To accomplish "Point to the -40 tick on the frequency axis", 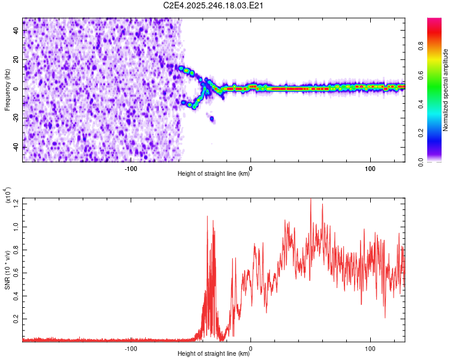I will (17, 147).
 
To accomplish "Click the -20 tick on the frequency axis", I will (17, 118).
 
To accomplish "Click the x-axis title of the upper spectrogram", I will (214, 174).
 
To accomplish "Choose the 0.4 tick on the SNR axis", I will (17, 296).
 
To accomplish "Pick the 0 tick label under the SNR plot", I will (250, 347).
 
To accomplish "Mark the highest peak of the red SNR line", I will (310, 199).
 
